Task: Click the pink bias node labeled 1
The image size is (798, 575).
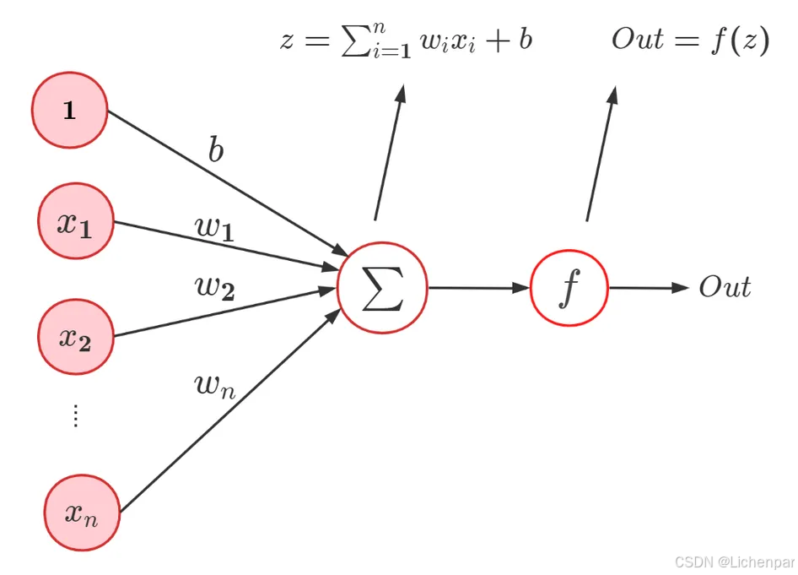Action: point(69,111)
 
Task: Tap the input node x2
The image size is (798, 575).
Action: point(75,337)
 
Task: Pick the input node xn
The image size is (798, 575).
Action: point(82,513)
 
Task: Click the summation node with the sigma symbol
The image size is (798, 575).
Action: point(382,288)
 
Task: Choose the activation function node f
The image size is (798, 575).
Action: point(569,288)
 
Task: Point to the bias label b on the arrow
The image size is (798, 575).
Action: point(217,150)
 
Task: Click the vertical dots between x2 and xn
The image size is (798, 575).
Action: point(75,415)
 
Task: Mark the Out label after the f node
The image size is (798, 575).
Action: point(725,288)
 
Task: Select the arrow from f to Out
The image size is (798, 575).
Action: point(649,288)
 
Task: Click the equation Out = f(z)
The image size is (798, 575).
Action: point(690,41)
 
